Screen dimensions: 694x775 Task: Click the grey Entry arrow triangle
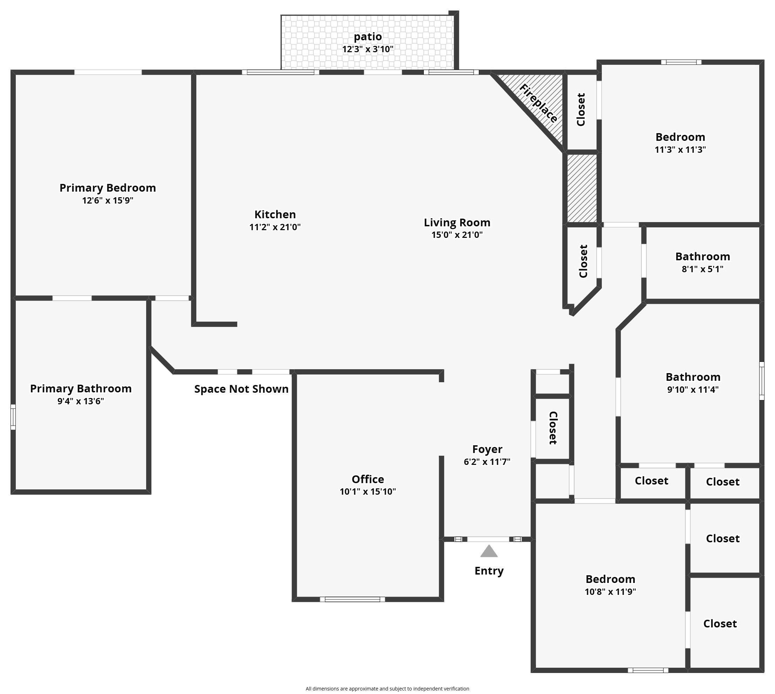pos(489,552)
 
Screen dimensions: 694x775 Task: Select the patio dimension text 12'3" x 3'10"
pos(367,49)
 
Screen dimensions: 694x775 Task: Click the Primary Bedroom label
pos(108,188)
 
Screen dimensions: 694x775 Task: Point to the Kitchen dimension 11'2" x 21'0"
pos(275,227)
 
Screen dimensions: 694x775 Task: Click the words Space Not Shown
pos(241,389)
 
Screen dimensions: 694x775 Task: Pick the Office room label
pos(367,479)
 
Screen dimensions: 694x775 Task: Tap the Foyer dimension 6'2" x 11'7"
pos(487,462)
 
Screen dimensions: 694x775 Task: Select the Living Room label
pos(457,222)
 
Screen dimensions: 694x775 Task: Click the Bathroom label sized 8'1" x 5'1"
pos(702,257)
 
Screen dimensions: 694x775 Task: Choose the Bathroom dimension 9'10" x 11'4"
pos(693,390)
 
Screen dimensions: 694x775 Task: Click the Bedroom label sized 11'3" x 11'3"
pos(680,137)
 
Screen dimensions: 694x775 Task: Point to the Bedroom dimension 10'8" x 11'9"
pos(610,592)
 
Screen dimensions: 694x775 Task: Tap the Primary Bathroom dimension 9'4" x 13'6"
pos(81,401)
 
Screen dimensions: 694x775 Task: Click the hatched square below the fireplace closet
pos(582,188)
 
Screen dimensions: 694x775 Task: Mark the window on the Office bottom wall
pos(352,599)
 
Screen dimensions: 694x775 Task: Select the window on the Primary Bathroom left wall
pos(13,417)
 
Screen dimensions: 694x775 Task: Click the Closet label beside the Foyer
pos(552,428)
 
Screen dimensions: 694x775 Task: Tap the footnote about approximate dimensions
pos(387,689)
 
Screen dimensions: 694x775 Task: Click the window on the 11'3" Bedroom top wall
pos(681,62)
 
